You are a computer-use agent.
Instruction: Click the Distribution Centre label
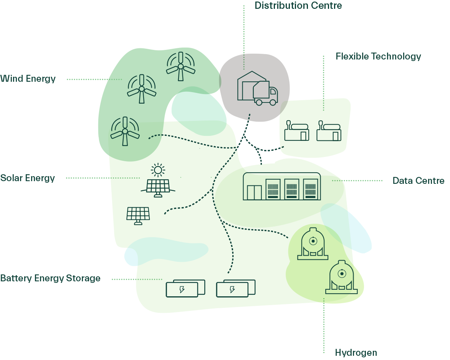tap(298, 5)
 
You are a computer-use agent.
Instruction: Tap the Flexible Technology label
tap(378, 56)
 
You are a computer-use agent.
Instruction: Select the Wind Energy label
tap(28, 79)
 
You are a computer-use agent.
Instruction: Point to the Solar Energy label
tap(28, 178)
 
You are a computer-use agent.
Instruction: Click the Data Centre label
tap(419, 181)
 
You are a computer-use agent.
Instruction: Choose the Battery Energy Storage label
tap(50, 278)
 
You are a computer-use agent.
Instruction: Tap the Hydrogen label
tap(356, 353)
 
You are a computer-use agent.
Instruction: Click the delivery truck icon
tap(265, 93)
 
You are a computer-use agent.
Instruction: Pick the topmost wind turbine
tap(180, 66)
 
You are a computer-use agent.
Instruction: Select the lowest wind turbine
tap(125, 131)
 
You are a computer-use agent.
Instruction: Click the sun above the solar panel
tap(158, 170)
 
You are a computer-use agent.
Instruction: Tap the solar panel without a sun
tap(138, 216)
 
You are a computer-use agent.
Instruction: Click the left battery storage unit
tap(185, 288)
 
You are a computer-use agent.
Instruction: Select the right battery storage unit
tap(236, 288)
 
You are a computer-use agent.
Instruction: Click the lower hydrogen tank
tap(341, 277)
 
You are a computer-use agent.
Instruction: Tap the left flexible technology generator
tap(297, 131)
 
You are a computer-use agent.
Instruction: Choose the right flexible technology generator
tap(329, 131)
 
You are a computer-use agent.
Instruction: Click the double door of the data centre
tap(254, 193)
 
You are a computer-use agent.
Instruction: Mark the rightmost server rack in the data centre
tap(310, 189)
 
